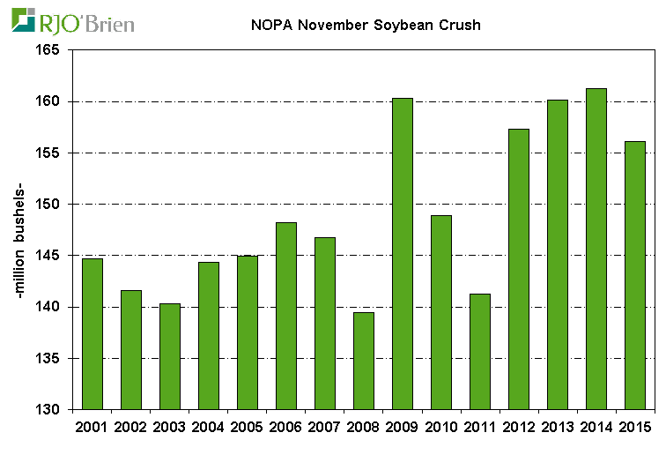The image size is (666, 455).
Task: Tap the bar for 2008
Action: pos(363,361)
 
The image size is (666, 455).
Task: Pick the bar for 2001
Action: pos(92,334)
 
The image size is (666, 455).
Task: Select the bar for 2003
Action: pos(169,356)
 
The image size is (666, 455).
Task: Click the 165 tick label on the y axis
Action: pos(46,50)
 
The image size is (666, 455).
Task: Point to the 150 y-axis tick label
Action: pos(46,205)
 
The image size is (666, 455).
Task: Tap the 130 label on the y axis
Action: pos(46,410)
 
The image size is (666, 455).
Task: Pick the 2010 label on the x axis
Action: pos(440,428)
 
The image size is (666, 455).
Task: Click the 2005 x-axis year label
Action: pos(247,428)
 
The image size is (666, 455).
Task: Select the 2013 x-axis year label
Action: pos(557,428)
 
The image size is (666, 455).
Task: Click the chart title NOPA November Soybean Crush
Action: pos(361,25)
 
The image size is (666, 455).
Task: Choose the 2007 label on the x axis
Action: pos(324,428)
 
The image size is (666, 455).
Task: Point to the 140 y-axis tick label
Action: pos(46,308)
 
